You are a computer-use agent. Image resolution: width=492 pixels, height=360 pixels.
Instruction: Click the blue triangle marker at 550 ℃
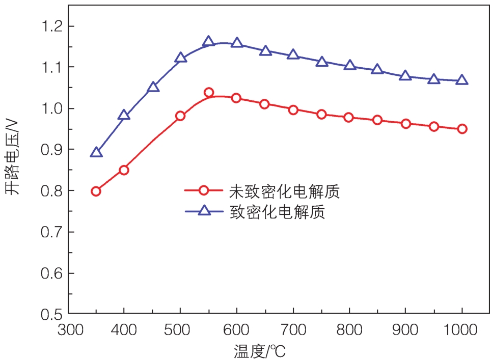pos(208,42)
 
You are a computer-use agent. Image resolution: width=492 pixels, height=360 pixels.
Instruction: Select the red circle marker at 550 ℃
pos(208,92)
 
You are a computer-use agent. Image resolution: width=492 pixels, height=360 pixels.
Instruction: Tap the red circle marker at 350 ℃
pos(96,191)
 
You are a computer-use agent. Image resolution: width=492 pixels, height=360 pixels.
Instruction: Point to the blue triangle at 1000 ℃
pos(462,80)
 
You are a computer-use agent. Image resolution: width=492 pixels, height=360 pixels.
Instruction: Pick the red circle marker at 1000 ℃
pos(462,129)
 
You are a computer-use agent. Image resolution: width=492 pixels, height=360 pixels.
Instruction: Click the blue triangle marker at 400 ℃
pos(124,115)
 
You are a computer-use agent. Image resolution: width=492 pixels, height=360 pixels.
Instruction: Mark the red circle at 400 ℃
pos(124,170)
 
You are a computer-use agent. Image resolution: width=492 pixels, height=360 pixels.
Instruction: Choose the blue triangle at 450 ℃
pos(153,87)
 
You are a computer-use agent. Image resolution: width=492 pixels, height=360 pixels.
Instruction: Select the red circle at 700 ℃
pos(293,110)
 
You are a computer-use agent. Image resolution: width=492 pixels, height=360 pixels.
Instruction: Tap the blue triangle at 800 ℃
pos(349,65)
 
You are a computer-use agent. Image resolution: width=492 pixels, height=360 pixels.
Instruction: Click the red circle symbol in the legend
pos(204,190)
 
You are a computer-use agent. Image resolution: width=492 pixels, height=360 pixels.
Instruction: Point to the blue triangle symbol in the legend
pos(204,210)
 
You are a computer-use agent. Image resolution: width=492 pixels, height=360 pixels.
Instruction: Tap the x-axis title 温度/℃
pos(264,351)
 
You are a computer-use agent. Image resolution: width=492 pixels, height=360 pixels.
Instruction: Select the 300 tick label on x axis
pos(68,329)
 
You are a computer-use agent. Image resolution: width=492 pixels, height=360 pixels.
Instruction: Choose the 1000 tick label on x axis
pos(462,329)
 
